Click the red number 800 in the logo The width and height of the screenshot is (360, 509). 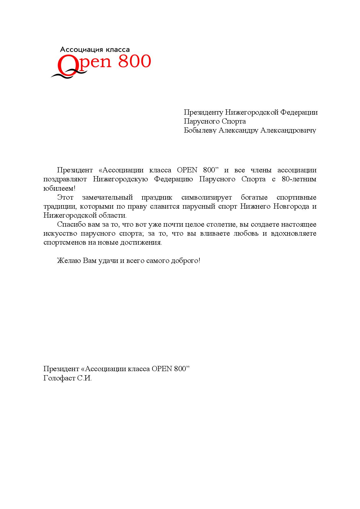[135, 61]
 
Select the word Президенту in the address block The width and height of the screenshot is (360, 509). [204, 112]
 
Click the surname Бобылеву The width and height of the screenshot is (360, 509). [200, 130]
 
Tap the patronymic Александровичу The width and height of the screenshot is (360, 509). [288, 130]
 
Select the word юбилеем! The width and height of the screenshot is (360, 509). [59, 188]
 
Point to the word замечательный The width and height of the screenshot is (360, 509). [107, 197]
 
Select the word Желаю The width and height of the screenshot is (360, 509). [69, 261]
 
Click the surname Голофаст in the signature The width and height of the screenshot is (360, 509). [59, 378]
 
